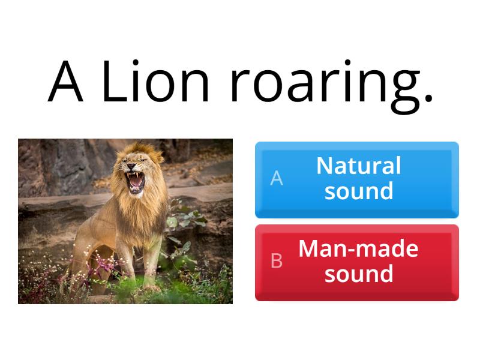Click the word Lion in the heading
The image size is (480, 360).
155,82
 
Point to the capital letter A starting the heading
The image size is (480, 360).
65,82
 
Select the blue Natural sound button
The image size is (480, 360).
357,179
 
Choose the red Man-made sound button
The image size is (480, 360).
357,262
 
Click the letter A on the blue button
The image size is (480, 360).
277,178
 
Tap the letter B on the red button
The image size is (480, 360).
277,261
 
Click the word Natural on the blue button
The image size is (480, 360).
359,166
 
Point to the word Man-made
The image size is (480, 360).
359,248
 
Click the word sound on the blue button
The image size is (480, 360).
359,191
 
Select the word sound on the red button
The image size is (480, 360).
359,274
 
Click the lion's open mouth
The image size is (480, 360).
136,180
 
